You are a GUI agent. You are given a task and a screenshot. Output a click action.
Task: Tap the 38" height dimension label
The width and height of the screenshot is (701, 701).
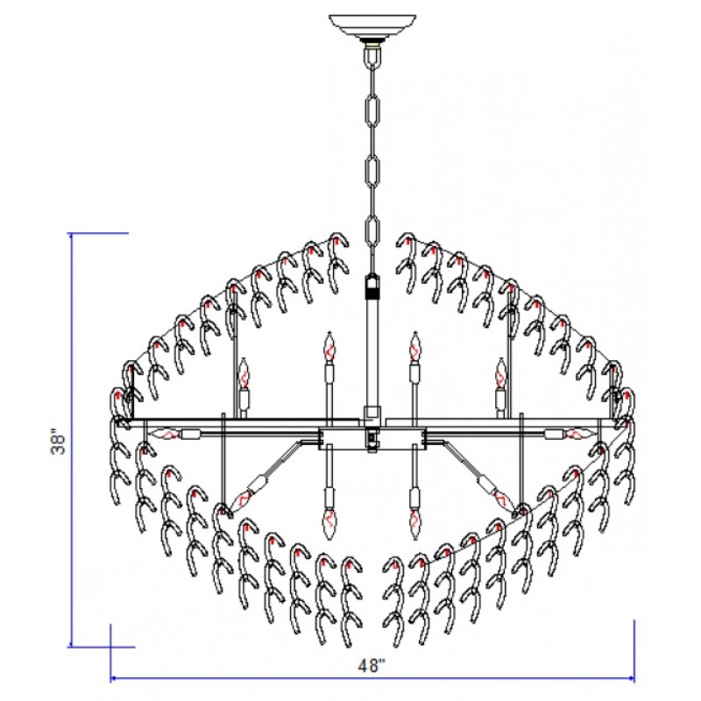click(59, 443)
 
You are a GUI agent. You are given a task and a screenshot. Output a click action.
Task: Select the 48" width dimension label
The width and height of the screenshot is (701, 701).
click(372, 666)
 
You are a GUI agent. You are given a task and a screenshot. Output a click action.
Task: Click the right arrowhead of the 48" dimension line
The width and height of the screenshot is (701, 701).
click(631, 678)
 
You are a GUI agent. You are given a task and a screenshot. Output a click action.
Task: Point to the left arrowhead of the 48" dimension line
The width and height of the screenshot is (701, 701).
click(114, 678)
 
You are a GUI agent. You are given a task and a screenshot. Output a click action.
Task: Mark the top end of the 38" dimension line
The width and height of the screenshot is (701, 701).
click(71, 233)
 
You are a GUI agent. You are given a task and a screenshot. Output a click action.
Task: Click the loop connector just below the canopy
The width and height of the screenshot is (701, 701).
click(372, 56)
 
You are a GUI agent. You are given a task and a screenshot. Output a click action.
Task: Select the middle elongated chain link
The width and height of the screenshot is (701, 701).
click(373, 170)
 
